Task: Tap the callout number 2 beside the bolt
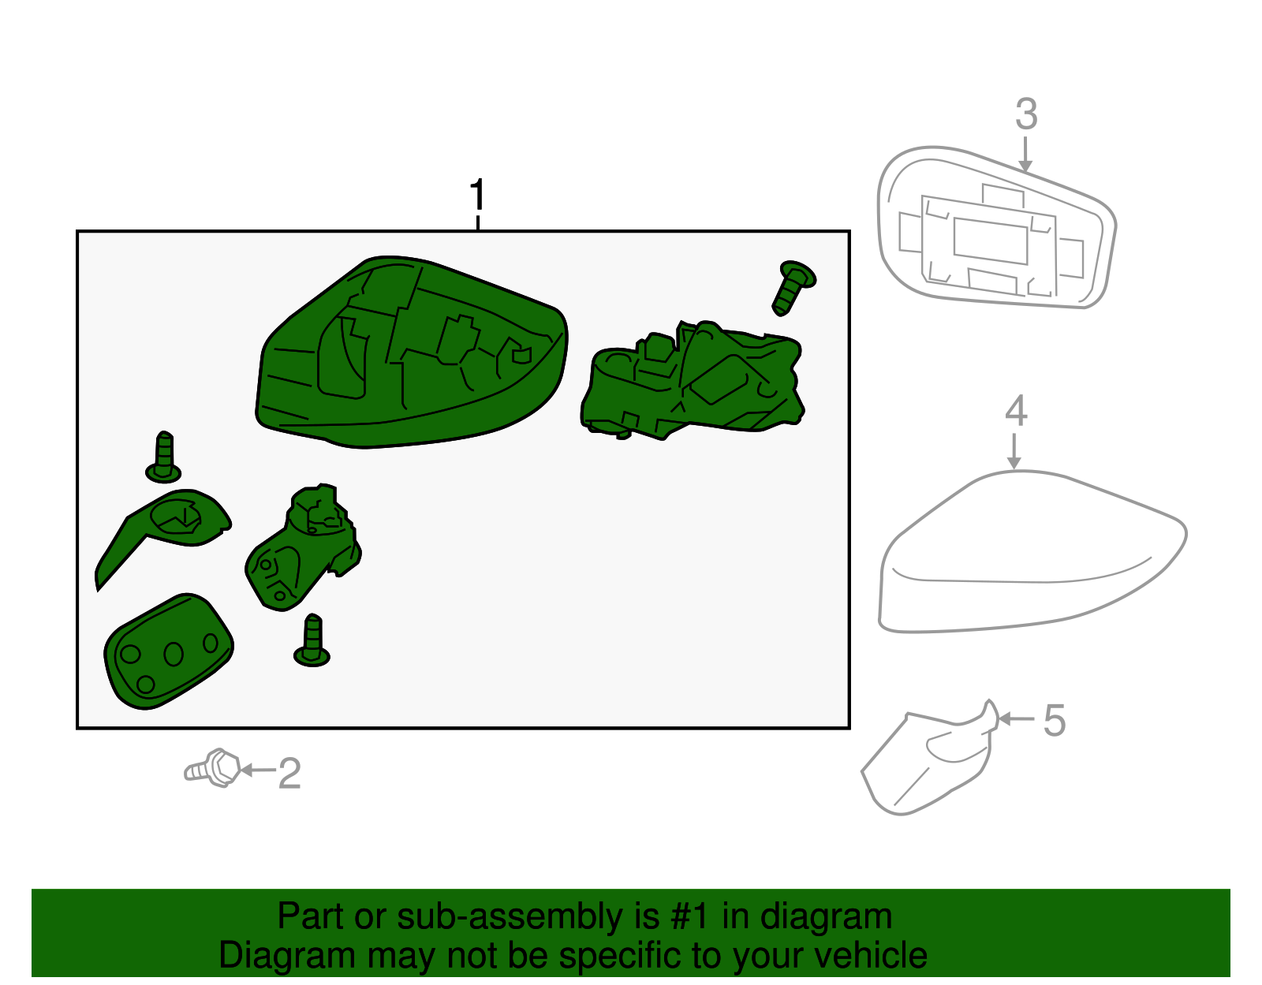point(289,773)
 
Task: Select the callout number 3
point(1026,114)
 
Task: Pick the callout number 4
point(1017,411)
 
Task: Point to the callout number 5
point(1055,720)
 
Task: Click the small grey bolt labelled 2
point(212,768)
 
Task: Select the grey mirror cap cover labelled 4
point(1031,551)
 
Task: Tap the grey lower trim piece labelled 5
point(929,760)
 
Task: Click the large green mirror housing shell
point(411,353)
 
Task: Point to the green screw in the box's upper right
point(793,288)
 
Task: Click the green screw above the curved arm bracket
point(164,457)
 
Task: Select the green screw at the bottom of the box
point(312,640)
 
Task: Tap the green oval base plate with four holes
point(169,652)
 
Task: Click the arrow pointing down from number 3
point(1025,155)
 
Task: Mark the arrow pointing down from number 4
point(1014,451)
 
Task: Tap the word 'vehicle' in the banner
point(871,956)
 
